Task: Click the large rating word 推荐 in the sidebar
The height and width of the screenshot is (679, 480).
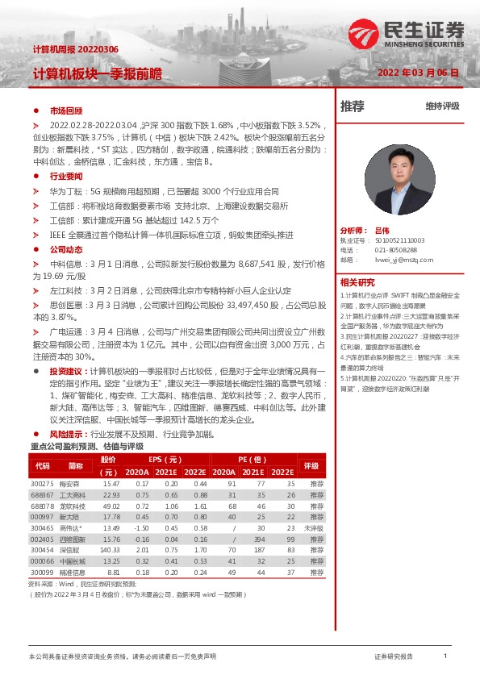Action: (x=353, y=106)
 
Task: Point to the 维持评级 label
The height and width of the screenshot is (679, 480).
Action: (x=442, y=106)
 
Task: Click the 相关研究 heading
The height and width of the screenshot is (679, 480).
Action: (x=357, y=281)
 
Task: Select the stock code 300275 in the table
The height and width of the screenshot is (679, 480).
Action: (x=42, y=483)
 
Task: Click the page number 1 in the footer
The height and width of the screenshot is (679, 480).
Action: (x=445, y=657)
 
